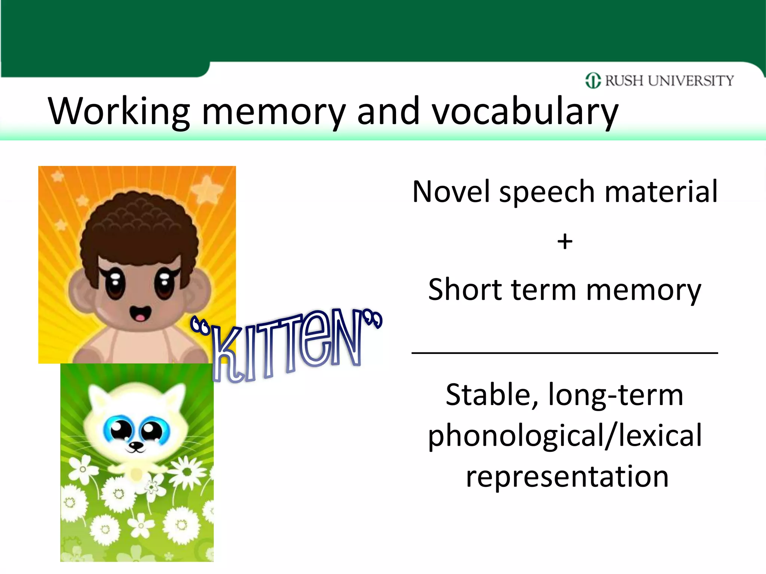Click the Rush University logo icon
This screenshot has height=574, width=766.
[593, 80]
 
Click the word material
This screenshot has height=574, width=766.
[661, 191]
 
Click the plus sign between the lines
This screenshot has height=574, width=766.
[565, 241]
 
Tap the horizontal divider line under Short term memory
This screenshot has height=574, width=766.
[565, 352]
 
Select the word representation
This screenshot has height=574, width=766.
[567, 477]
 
